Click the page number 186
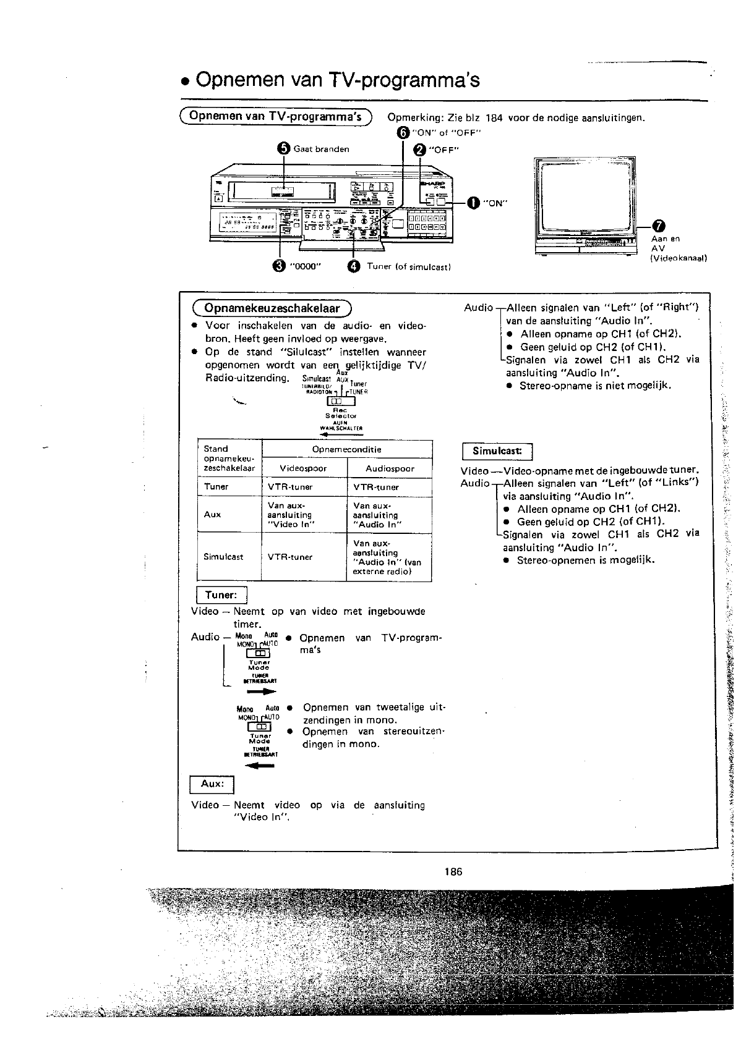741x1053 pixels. (453, 872)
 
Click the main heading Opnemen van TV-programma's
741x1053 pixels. (337, 80)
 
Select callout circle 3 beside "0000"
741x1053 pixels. (279, 266)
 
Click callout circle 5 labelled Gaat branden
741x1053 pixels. (283, 148)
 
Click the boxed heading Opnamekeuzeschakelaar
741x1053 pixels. (272, 308)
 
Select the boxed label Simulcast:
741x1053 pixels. (497, 451)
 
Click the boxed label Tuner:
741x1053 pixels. (221, 595)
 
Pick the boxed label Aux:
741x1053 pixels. (212, 784)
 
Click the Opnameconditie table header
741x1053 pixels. (346, 449)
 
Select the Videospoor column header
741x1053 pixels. (303, 468)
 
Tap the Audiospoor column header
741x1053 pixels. (390, 468)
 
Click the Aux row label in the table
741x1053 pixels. (212, 514)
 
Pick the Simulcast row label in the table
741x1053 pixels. (223, 557)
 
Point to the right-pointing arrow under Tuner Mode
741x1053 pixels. (262, 691)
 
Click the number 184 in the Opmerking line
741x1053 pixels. (494, 117)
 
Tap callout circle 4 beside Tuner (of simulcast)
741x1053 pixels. (353, 266)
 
